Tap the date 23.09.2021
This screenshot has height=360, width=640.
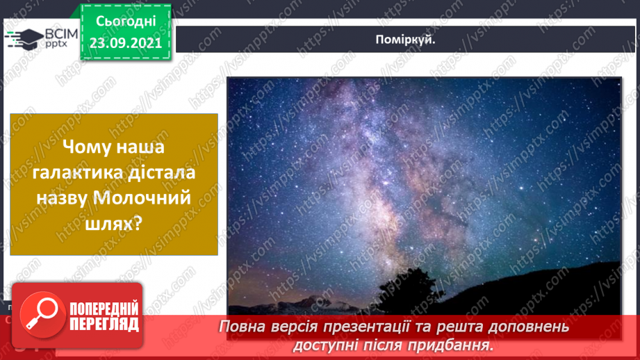click(x=126, y=42)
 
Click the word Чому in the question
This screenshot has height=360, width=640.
click(x=89, y=147)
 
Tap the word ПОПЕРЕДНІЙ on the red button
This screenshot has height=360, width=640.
click(x=104, y=309)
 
